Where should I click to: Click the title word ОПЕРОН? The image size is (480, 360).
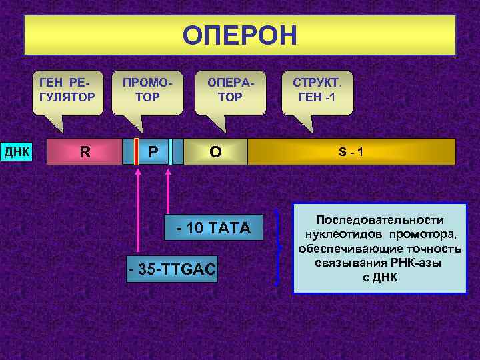[x=240, y=35]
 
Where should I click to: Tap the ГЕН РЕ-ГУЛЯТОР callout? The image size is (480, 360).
[x=67, y=92]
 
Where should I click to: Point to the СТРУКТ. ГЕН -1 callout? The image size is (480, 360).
[x=317, y=92]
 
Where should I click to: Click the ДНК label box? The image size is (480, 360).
[x=17, y=151]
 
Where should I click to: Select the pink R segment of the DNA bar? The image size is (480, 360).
[x=85, y=151]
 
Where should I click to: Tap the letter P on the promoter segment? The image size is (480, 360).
[x=153, y=151]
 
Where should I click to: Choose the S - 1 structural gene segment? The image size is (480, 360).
[x=351, y=151]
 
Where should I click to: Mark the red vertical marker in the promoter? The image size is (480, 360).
[x=136, y=151]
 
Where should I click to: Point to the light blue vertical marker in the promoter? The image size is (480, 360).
[x=170, y=151]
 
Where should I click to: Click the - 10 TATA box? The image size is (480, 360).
[x=213, y=229]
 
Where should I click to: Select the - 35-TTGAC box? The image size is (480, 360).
[x=172, y=269]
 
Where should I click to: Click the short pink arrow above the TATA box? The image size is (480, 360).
[x=168, y=190]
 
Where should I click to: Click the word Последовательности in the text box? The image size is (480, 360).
[x=379, y=220]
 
